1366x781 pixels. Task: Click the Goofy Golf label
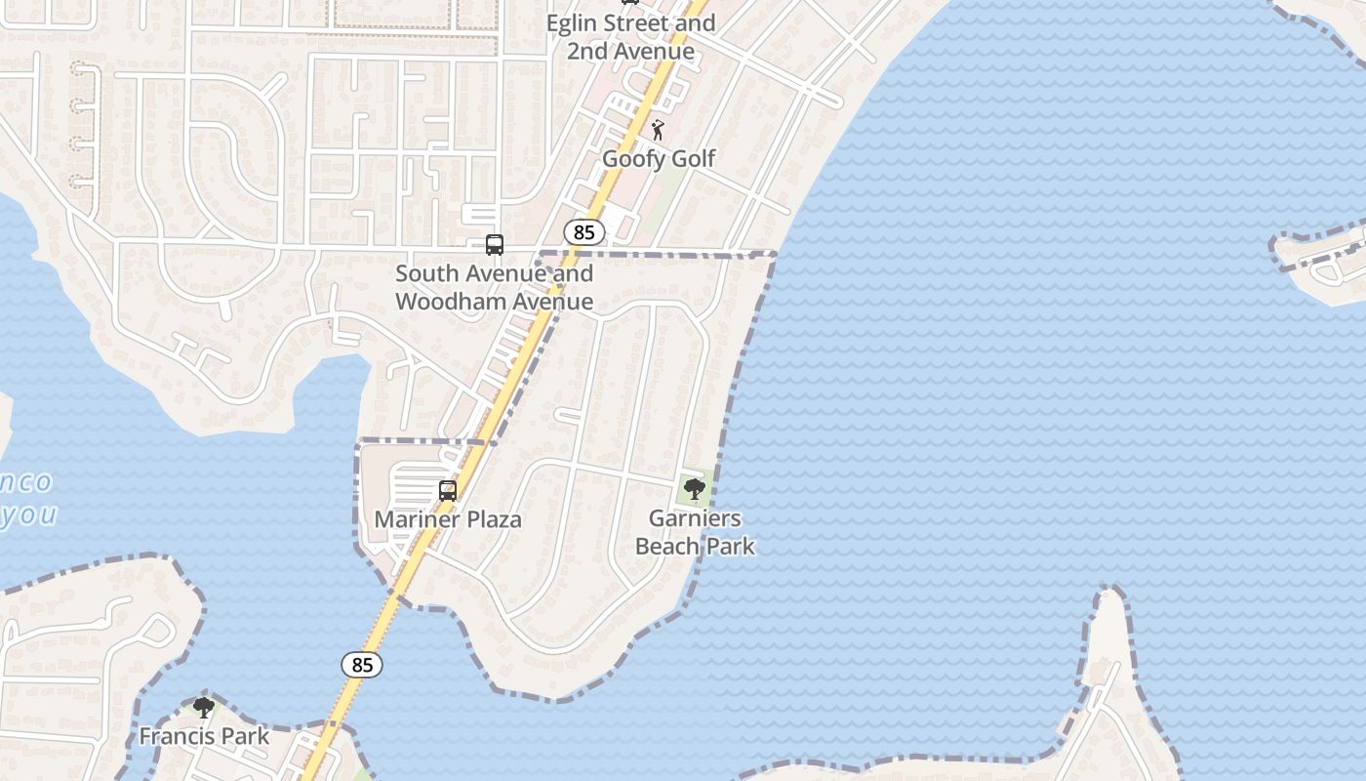coord(659,158)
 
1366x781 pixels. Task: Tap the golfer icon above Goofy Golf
coord(659,129)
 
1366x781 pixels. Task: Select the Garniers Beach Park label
coord(695,532)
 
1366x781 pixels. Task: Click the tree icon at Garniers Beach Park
coord(695,488)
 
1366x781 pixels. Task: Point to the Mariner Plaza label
coord(448,519)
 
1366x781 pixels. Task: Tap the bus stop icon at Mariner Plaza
coord(448,491)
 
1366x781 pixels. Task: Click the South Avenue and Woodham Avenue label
coord(494,287)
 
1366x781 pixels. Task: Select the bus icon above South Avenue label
coord(495,245)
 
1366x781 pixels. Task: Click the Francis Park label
coord(204,735)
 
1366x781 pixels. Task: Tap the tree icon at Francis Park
coord(204,707)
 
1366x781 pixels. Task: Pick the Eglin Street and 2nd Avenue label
coord(630,36)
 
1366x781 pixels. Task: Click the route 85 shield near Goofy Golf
coord(584,232)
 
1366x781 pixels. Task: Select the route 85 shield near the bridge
coord(362,665)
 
